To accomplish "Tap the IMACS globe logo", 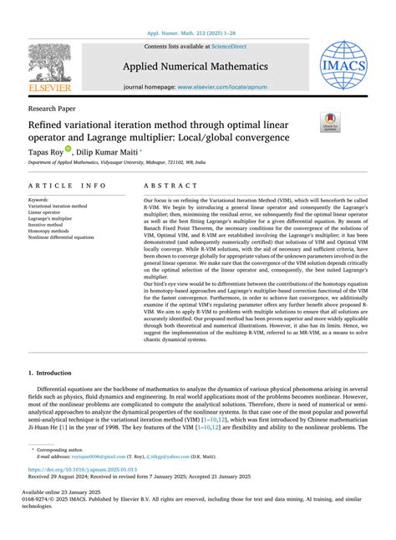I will pyautogui.click(x=343, y=64).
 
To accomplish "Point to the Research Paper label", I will pyautogui.click(x=49, y=108).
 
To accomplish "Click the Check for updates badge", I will pyautogui.click(x=331, y=124).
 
